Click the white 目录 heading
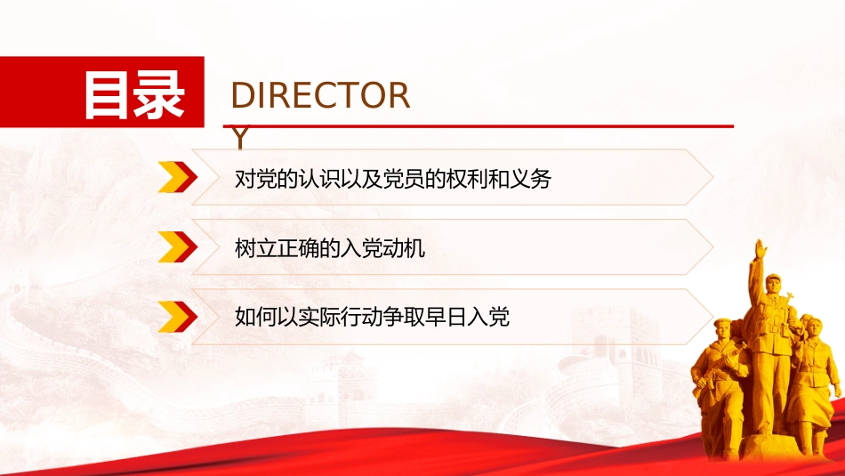tap(134, 96)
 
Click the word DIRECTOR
tap(320, 95)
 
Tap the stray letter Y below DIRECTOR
tap(241, 138)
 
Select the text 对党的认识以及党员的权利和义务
tap(393, 179)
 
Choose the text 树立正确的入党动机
tap(330, 248)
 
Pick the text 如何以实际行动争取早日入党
tap(372, 317)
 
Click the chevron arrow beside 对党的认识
tap(177, 177)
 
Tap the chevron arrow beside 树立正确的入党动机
tap(177, 246)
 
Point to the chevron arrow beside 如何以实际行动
tap(177, 317)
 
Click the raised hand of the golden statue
tap(760, 250)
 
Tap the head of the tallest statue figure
tap(773, 284)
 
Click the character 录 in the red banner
tap(159, 96)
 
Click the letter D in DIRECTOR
tap(242, 95)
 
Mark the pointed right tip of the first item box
tap(713, 177)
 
